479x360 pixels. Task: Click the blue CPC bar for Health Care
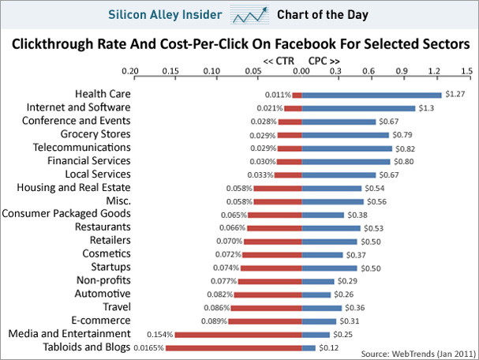pyautogui.click(x=372, y=95)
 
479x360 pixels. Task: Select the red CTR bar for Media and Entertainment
pyautogui.click(x=238, y=335)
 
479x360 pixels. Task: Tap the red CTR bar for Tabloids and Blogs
pyautogui.click(x=234, y=348)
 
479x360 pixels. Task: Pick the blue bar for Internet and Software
pyautogui.click(x=358, y=108)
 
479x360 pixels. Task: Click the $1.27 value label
pyautogui.click(x=455, y=95)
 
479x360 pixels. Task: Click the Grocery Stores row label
pyautogui.click(x=97, y=134)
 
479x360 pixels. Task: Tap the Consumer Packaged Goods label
pyautogui.click(x=66, y=213)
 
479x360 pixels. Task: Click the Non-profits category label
pyautogui.click(x=103, y=280)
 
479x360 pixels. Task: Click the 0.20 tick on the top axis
pyautogui.click(x=131, y=72)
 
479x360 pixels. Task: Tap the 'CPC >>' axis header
pyautogui.click(x=324, y=61)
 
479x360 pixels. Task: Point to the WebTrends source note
pyautogui.click(x=416, y=353)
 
